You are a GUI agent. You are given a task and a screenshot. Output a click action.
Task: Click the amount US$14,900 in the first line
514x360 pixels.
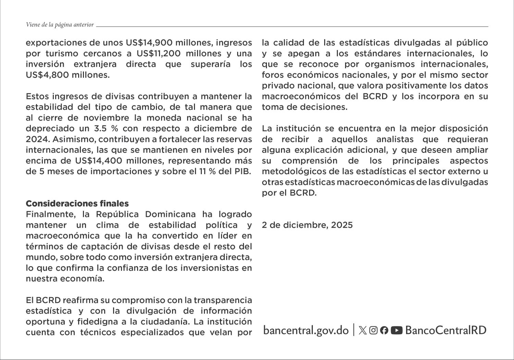coord(148,43)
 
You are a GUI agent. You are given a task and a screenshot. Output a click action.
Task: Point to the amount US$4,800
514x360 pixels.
coord(47,75)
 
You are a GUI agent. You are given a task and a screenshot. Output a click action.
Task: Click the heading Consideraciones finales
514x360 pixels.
coord(77,204)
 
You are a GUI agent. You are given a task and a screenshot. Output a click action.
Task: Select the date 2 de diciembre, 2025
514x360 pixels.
coord(307,225)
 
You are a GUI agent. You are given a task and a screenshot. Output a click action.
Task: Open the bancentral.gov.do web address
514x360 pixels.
coord(306,330)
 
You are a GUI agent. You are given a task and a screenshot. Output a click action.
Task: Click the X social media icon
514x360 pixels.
coord(363,330)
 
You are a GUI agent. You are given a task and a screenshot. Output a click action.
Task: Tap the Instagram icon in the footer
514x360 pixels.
coord(374,330)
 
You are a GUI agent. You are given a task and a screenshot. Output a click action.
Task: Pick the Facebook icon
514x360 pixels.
coord(384,330)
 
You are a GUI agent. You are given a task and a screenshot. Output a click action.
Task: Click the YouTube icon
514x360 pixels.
coord(396,330)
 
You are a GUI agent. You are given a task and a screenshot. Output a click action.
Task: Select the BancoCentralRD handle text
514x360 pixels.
coord(446,330)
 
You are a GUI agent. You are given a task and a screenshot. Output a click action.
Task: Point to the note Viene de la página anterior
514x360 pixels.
coord(60,25)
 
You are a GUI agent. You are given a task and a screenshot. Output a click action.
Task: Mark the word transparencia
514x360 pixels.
coord(223,300)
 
